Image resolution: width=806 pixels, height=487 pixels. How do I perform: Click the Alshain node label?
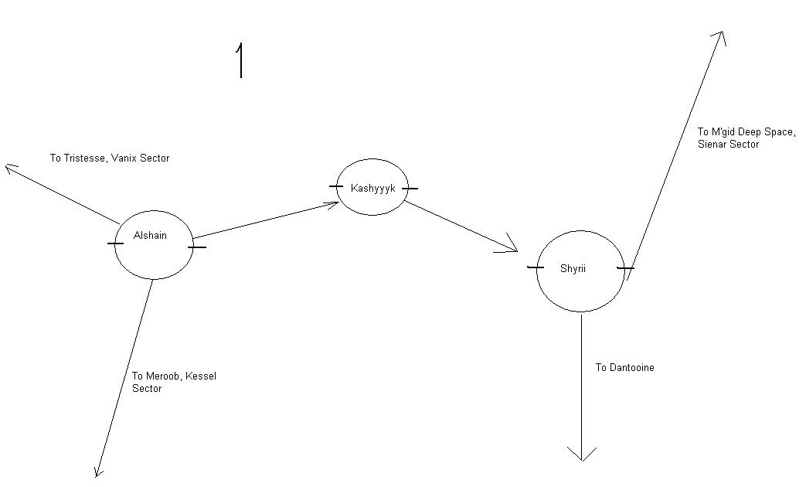click(150, 236)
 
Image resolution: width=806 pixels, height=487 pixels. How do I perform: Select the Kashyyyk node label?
click(372, 188)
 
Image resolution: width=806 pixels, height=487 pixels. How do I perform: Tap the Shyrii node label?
click(573, 268)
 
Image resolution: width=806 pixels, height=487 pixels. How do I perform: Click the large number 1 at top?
click(241, 60)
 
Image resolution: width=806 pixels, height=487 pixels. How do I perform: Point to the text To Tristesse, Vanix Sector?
click(110, 158)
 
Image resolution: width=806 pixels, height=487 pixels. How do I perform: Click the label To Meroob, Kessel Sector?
click(174, 382)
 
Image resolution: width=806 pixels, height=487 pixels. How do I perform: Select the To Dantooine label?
click(624, 367)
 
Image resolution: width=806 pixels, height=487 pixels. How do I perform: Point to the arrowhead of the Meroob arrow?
click(97, 472)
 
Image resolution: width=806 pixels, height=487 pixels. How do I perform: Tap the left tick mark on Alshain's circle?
click(115, 243)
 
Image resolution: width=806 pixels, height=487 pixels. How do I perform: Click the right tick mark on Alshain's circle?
click(197, 247)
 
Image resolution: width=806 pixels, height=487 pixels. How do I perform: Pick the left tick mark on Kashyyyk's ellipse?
click(335, 186)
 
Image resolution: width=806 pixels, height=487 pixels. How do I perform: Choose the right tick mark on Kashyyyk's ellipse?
click(410, 188)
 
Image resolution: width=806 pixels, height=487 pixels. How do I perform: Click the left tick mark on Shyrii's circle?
click(534, 267)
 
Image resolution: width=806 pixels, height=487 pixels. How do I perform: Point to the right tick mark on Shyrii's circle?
click(625, 268)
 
